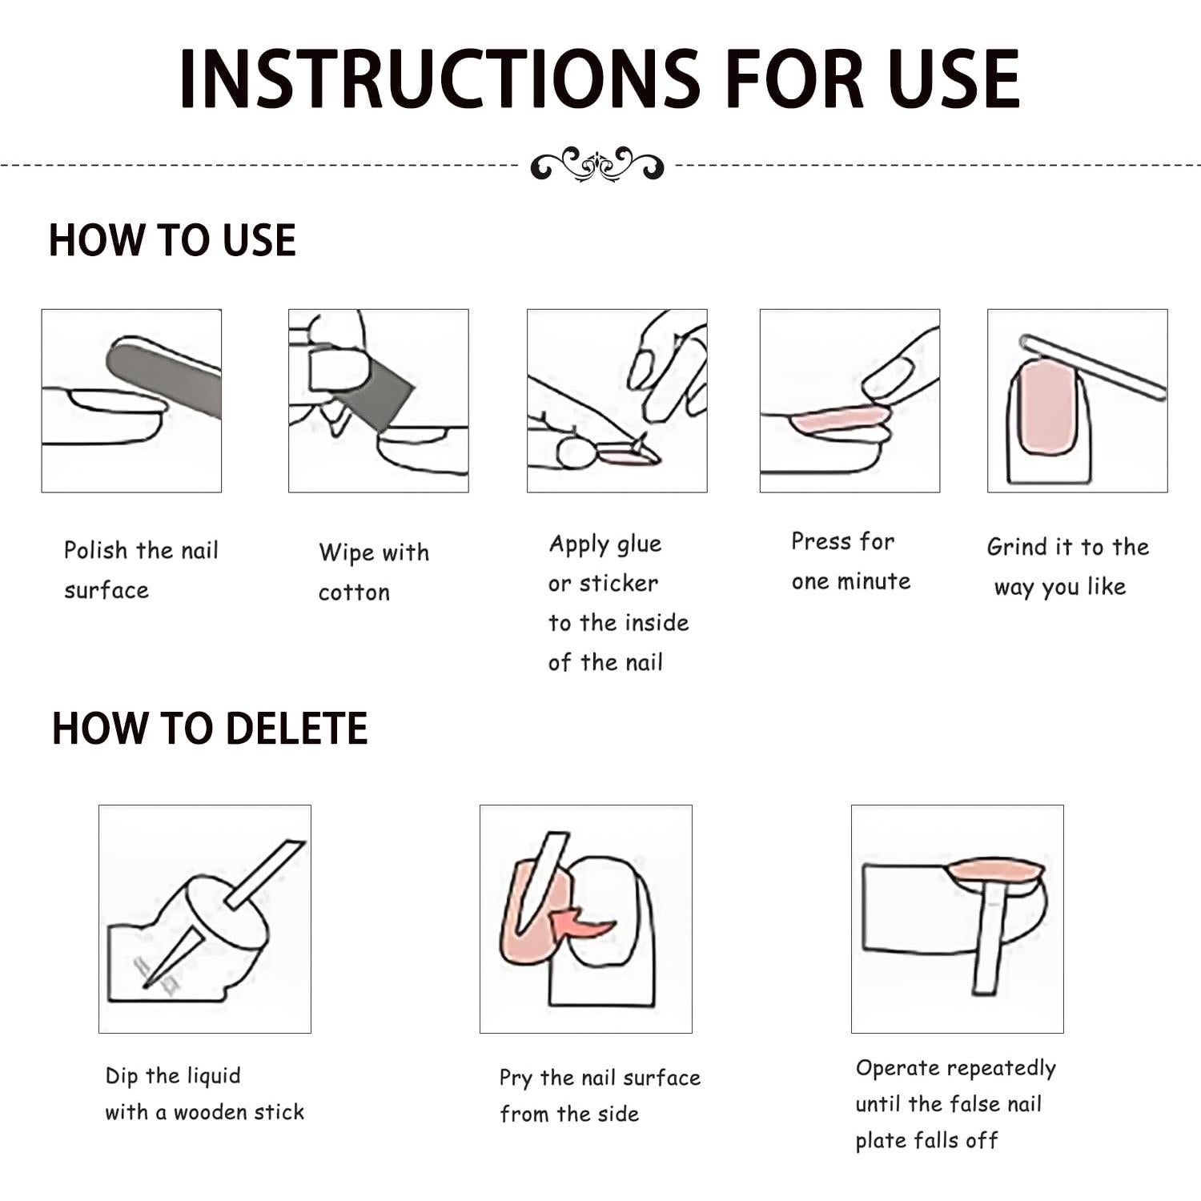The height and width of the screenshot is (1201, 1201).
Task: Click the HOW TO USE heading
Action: (x=172, y=240)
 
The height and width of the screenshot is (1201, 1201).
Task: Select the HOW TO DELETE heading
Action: (x=210, y=729)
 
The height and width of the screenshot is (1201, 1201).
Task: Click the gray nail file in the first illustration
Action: (x=164, y=377)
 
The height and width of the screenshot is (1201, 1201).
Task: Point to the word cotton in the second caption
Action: (x=354, y=592)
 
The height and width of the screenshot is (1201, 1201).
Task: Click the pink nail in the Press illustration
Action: (x=840, y=419)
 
